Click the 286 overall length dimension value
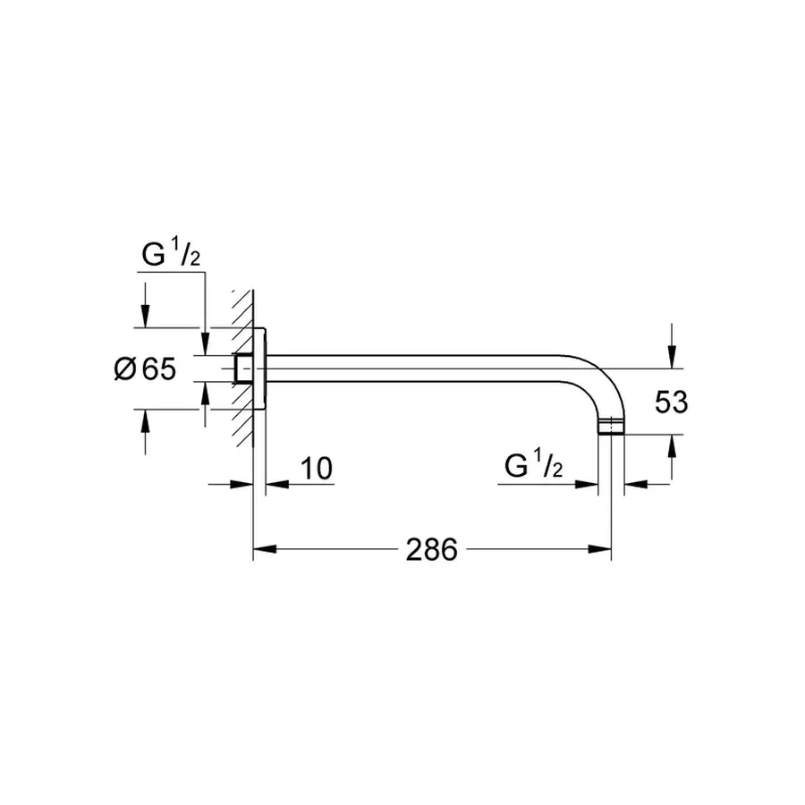point(432,549)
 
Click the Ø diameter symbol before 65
point(125,369)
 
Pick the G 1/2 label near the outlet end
point(533,467)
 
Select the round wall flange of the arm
point(261,369)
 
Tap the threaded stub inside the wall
point(241,369)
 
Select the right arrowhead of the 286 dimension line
point(600,549)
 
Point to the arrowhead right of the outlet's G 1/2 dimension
point(634,485)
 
